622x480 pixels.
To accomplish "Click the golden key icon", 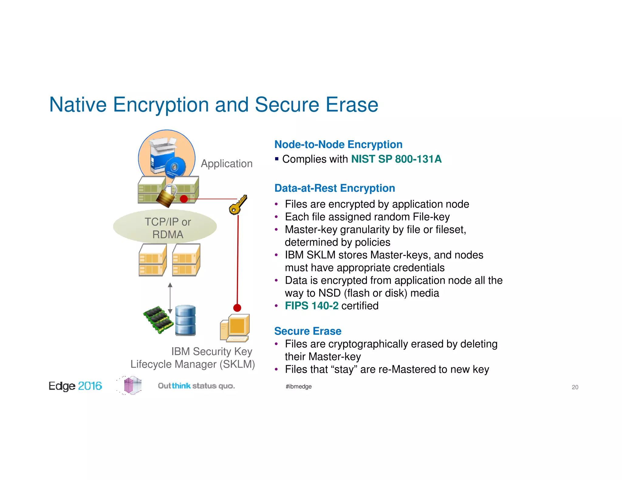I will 238,205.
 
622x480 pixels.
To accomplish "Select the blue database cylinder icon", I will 185,320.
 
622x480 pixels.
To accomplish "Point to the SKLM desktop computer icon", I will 235,328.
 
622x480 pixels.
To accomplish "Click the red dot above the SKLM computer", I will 237,308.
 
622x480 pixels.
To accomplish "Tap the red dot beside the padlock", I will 184,199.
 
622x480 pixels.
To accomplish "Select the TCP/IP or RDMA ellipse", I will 165,226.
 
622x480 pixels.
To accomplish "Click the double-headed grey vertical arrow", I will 170,298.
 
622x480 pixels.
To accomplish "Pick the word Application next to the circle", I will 227,164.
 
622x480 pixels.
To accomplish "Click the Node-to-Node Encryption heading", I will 338,144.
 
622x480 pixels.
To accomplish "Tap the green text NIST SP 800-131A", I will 396,159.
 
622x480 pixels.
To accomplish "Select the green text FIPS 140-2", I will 311,306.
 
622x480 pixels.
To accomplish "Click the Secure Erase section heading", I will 308,331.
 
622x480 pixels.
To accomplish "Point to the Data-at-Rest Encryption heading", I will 334,188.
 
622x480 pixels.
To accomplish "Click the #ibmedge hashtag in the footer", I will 299,387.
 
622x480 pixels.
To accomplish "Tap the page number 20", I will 575,387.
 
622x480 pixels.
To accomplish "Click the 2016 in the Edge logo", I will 90,386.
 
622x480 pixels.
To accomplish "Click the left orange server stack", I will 152,260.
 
